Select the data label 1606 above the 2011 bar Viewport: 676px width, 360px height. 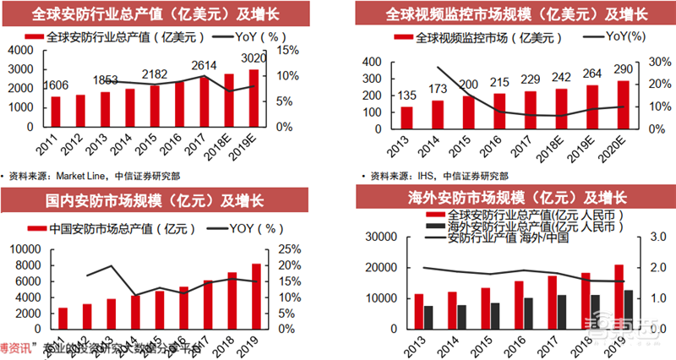point(57,86)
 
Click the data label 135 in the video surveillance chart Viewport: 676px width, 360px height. point(408,95)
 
